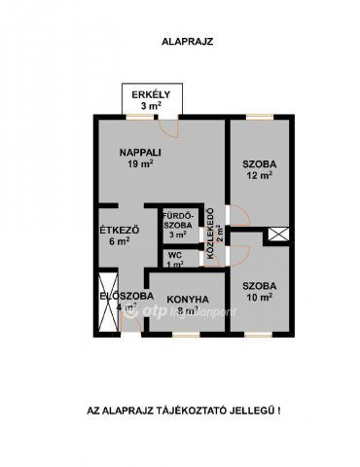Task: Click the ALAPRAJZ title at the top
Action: [x=179, y=42]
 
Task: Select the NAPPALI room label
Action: [x=139, y=153]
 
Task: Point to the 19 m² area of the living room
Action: [x=139, y=164]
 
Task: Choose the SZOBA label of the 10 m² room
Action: [x=258, y=285]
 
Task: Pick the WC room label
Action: [x=175, y=255]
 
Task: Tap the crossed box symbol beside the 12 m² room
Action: [x=279, y=234]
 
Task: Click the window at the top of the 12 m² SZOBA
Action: [x=258, y=117]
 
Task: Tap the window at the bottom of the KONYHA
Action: [x=184, y=336]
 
